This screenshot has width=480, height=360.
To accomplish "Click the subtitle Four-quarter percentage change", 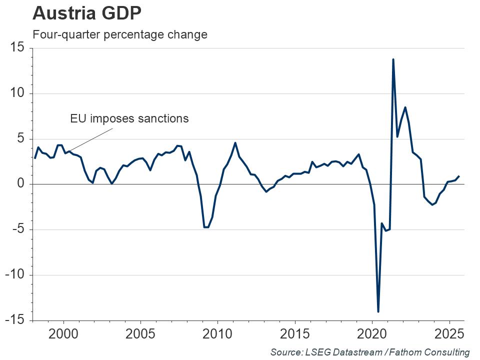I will pos(119,35).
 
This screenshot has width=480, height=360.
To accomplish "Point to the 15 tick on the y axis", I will pos(18,48).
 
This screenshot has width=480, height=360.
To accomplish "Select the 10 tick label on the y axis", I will pos(18,93).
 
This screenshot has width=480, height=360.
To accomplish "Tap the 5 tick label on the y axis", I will pos(21,139).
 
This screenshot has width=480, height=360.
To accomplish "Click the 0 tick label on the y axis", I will pos(21,184).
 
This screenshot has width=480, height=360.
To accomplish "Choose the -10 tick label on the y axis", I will pos(16,275).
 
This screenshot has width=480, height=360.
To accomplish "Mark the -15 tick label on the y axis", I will pos(16,320).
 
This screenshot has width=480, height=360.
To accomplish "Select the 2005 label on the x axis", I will pos(140,334).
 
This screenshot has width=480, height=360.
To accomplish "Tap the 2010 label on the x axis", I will pos(217,334).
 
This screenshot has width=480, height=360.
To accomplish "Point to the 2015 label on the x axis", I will pos(295,334).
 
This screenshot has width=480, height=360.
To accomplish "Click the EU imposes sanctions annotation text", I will pos(129,118).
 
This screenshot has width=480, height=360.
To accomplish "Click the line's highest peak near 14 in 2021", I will pos(393,59).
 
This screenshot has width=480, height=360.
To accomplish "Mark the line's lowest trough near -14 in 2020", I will pos(378,311).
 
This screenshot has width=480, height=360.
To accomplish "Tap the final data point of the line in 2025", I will pos(459,176).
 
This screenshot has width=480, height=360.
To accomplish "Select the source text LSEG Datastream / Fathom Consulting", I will pos(370,352).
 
